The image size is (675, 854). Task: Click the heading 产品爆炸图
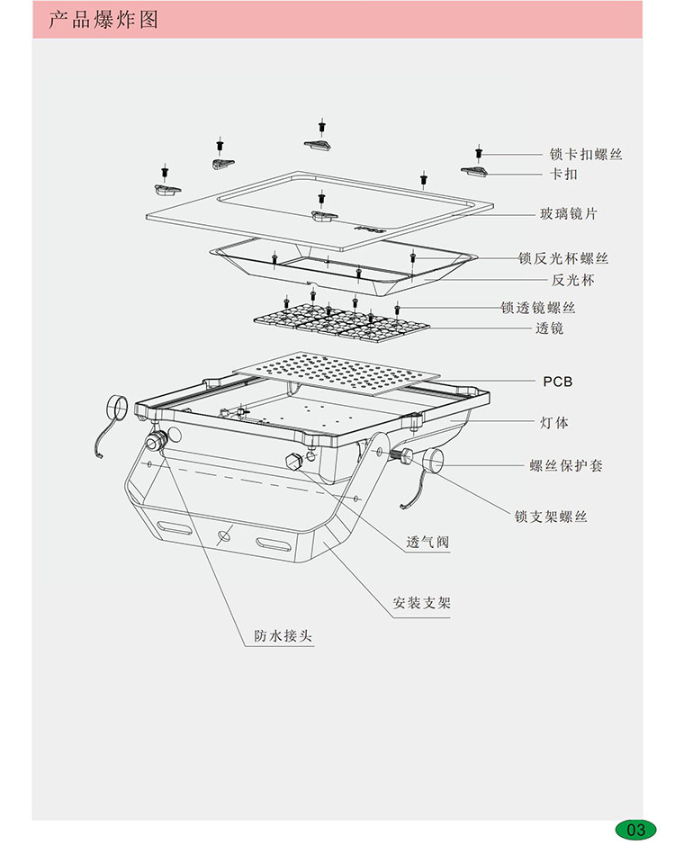(x=103, y=19)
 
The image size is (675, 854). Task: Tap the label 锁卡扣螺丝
(x=586, y=155)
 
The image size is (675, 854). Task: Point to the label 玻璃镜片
(x=568, y=214)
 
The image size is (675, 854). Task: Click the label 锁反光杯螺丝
(x=562, y=259)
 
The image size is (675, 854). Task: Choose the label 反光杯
(x=573, y=281)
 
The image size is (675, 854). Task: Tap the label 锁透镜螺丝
(x=551, y=308)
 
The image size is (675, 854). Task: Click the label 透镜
(x=549, y=329)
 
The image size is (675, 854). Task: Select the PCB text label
(x=557, y=382)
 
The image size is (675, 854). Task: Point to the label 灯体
(x=554, y=422)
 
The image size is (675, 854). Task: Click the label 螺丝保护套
(x=565, y=466)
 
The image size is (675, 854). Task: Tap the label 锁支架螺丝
(x=551, y=517)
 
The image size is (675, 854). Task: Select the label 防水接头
(x=283, y=636)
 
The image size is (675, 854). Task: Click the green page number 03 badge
(x=636, y=830)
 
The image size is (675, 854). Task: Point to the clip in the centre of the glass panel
(x=321, y=214)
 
